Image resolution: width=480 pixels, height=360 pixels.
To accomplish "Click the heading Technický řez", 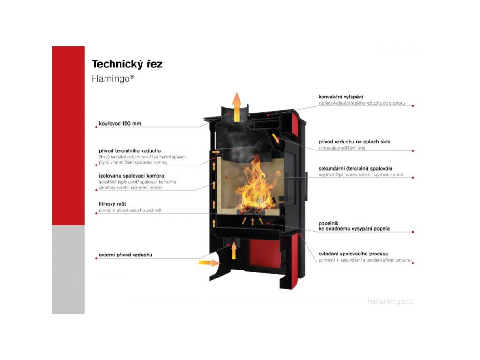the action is [x=127, y=64].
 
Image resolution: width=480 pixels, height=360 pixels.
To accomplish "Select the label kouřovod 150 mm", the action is [x=120, y=124].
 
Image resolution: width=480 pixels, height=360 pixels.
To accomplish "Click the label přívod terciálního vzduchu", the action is [x=130, y=150].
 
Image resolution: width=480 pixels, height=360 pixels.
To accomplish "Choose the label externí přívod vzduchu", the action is [x=126, y=255].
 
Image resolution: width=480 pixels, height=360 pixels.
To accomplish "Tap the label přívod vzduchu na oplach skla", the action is [x=354, y=141].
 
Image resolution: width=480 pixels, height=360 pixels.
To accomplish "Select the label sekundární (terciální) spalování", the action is [x=355, y=168].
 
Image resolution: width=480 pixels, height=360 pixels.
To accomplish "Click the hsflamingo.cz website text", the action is [x=391, y=301].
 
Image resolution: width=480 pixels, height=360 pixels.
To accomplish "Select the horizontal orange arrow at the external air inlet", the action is [x=209, y=263].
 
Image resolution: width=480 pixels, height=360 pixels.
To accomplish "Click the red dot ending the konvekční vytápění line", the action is [x=413, y=106].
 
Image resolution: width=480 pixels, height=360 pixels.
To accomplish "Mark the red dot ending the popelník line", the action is [x=413, y=232].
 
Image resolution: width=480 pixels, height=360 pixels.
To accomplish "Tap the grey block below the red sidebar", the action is [x=68, y=269].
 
